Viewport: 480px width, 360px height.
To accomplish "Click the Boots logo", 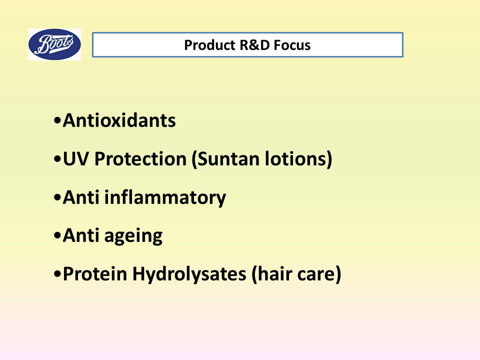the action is tap(55, 44).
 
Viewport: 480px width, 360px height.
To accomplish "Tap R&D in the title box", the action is tap(254, 45).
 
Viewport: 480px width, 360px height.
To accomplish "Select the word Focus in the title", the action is tap(292, 45).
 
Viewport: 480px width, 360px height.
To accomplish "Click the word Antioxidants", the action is tap(119, 120).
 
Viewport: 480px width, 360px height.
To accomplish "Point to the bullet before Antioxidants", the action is tap(57, 120).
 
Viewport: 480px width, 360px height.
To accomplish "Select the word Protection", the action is tap(140, 159).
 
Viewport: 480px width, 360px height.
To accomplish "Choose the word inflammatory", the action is tap(165, 198).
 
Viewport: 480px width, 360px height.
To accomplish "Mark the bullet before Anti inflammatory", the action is tap(57, 197).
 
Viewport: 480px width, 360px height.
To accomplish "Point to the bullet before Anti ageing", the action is tap(57, 235).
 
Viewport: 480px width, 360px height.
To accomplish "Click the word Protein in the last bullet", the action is tap(95, 273).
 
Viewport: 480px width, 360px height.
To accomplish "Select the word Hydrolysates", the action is tap(189, 274).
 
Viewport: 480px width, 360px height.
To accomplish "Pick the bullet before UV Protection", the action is tap(57, 159).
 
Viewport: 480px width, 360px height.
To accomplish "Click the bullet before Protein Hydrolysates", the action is tap(57, 274).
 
